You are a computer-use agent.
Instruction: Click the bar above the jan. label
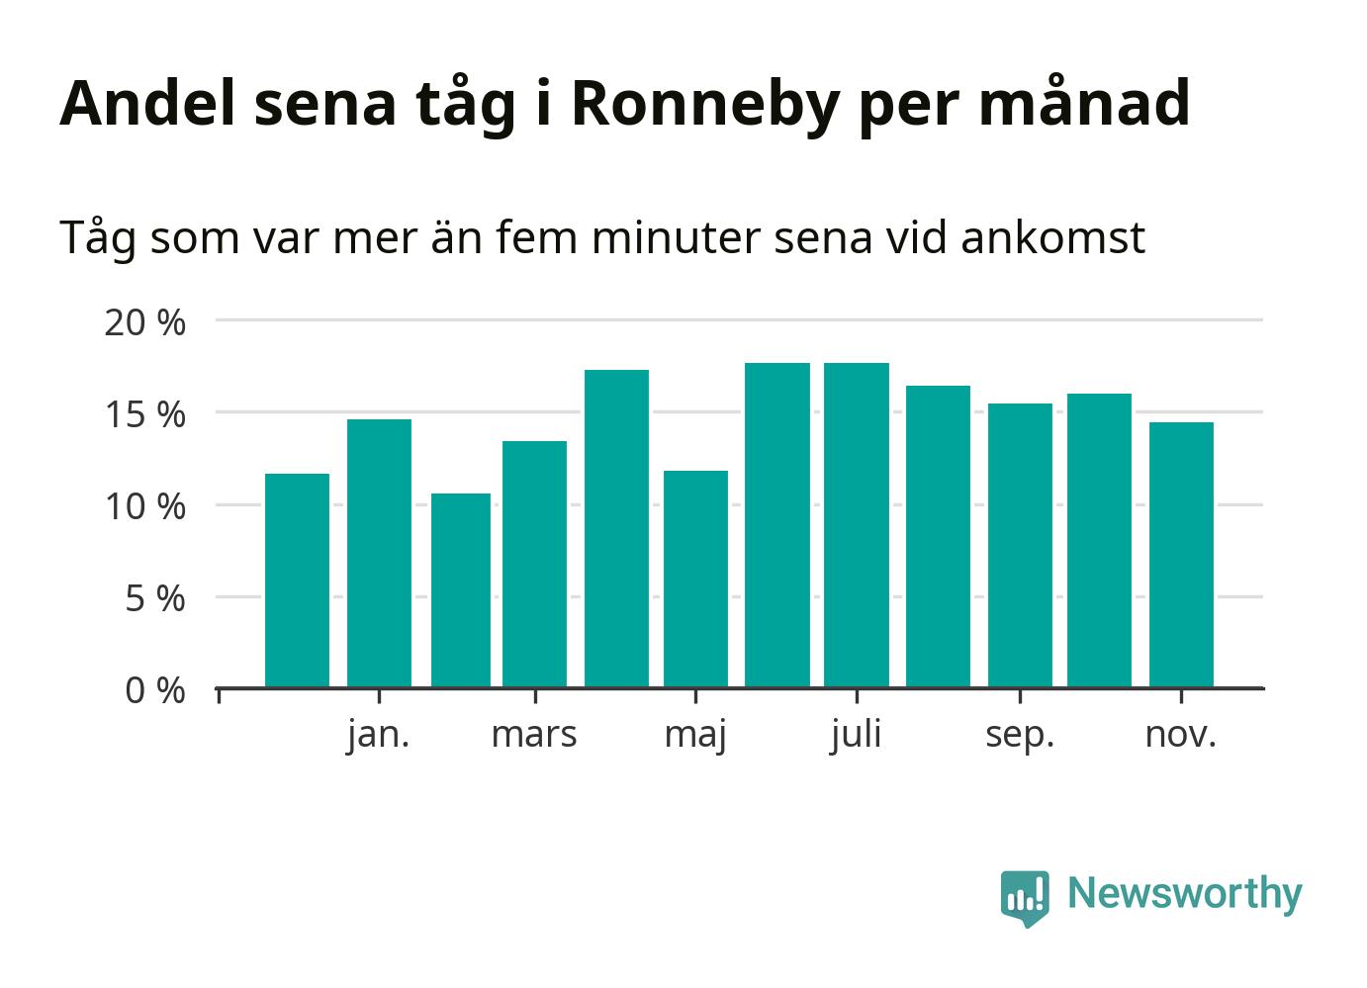[379, 553]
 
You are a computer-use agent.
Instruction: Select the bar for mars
[534, 564]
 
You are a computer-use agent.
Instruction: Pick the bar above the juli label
[857, 525]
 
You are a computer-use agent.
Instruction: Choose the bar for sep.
[1020, 545]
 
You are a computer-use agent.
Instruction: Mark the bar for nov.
[1181, 555]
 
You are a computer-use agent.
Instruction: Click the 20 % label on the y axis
[144, 322]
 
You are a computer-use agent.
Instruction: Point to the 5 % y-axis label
[155, 598]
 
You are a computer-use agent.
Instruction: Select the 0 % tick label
[155, 690]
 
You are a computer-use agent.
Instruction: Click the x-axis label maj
[695, 735]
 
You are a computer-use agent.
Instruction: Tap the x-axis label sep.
[1020, 735]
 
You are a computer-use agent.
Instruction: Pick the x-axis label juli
[857, 735]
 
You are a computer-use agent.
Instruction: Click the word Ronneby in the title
[705, 103]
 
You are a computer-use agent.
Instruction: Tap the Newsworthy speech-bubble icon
[1024, 897]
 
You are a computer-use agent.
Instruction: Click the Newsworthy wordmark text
[1185, 893]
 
